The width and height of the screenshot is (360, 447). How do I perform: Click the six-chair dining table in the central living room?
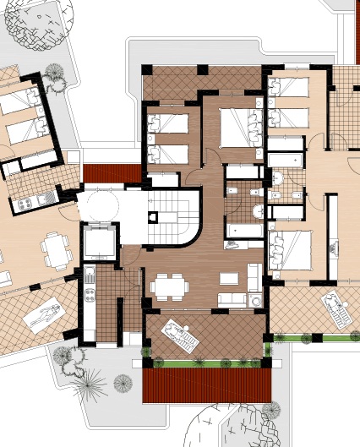point(170,286)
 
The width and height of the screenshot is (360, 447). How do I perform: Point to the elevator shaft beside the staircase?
point(100,243)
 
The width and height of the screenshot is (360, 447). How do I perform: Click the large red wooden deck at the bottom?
point(208,386)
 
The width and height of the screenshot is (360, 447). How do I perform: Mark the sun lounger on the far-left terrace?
point(41,317)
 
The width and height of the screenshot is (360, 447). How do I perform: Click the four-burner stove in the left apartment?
point(23,203)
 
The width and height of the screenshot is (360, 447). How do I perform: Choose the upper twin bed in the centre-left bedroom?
point(169,126)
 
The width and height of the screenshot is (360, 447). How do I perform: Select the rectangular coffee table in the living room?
point(229,278)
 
